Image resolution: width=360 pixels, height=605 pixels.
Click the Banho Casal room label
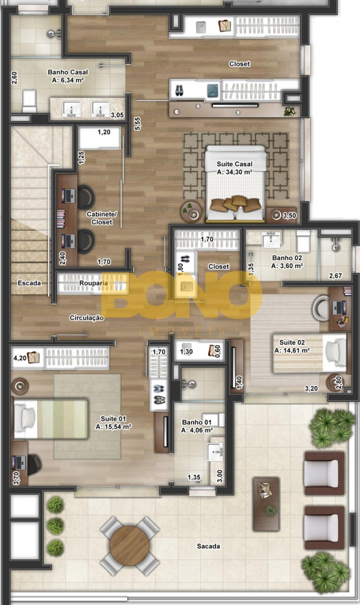[x=68, y=72]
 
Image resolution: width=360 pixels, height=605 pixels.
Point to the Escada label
[x=29, y=283]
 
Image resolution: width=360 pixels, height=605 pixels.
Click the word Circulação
[x=86, y=318]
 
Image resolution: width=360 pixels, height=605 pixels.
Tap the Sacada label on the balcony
[x=208, y=546]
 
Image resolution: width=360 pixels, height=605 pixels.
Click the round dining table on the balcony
[x=129, y=545]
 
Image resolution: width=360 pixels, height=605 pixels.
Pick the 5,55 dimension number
[x=137, y=124]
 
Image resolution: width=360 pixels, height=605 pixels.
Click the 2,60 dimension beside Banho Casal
[x=14, y=78]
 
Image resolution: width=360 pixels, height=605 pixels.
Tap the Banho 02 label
[x=287, y=258]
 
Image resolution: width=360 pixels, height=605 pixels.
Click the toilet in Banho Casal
[x=29, y=101]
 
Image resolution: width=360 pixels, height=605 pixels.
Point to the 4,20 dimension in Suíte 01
[x=20, y=358]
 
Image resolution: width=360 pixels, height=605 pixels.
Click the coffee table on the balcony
[x=266, y=504]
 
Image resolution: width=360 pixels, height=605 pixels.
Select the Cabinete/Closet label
[x=102, y=218]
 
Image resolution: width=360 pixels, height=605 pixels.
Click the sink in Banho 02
[x=271, y=240]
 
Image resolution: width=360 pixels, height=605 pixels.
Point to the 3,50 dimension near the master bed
[x=290, y=216]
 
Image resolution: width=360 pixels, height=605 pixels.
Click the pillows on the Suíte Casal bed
[x=235, y=204]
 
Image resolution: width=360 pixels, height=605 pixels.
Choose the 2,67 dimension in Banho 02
[x=335, y=276]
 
